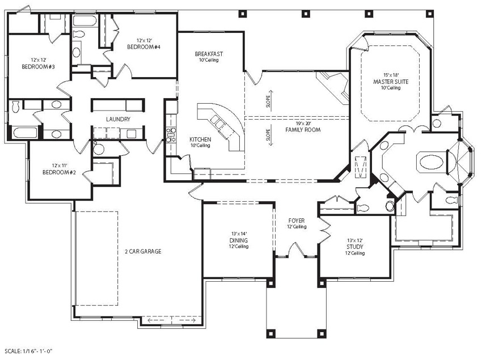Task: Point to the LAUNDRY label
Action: point(119,119)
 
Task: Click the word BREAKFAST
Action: point(209,54)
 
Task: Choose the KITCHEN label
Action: point(200,139)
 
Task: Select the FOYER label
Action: point(297,220)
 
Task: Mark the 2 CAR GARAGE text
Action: point(139,251)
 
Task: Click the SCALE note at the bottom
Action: point(29,352)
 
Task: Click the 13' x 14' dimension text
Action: point(238,233)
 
